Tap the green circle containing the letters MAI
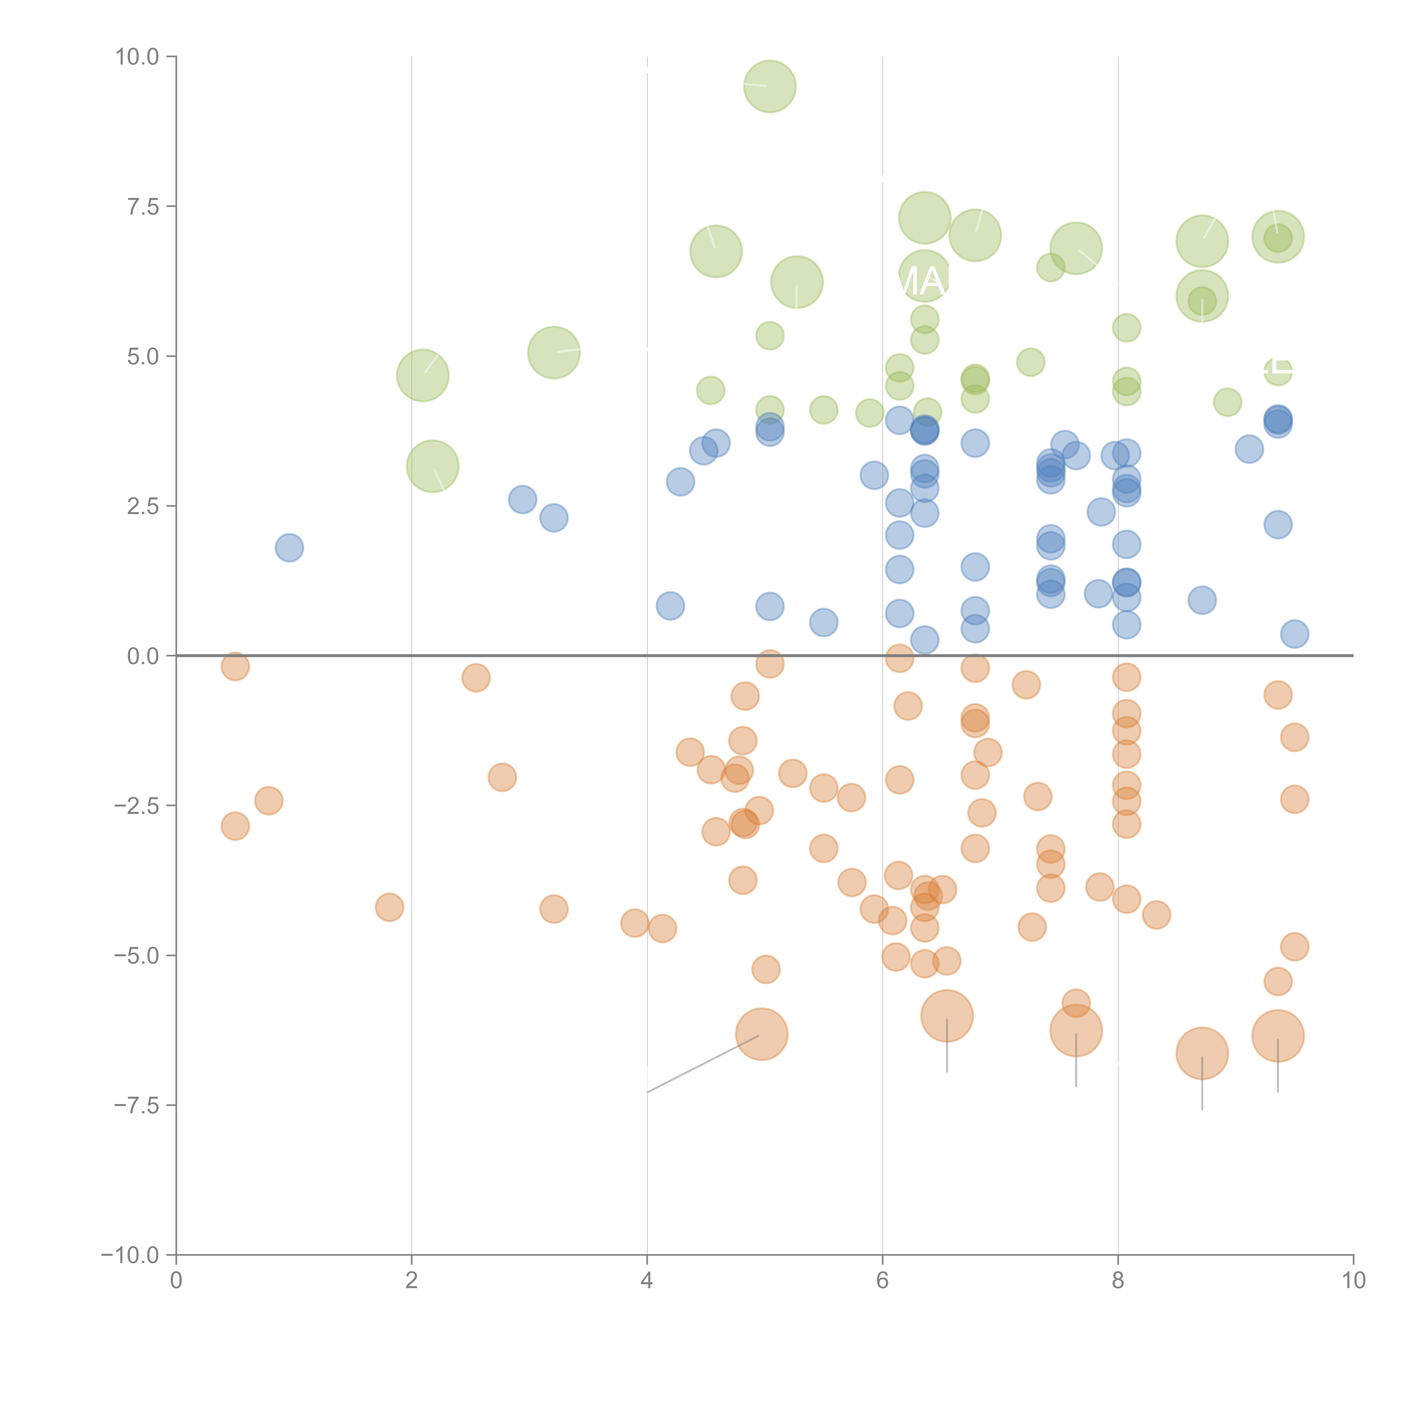(925, 277)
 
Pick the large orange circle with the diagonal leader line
(761, 1034)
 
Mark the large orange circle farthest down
(1202, 1053)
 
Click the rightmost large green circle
(1277, 237)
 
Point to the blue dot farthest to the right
(1294, 634)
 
